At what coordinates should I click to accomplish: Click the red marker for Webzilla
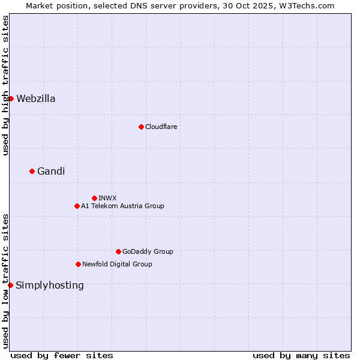tap(11, 98)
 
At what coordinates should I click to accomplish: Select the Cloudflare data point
tap(141, 127)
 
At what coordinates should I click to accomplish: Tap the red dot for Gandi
tap(32, 171)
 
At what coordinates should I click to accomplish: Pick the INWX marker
tap(94, 198)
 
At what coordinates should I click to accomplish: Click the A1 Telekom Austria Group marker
tap(77, 206)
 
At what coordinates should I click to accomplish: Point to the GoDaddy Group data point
tap(118, 251)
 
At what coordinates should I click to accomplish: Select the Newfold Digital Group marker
tap(78, 264)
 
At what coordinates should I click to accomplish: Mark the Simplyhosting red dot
tap(10, 285)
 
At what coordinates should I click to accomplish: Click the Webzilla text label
tap(36, 99)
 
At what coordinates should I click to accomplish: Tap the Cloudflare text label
tap(161, 127)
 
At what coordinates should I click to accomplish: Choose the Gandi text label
tap(51, 172)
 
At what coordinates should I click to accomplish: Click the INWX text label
tap(108, 198)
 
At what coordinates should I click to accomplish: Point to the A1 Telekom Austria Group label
tap(122, 206)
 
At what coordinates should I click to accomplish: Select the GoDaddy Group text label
tap(148, 251)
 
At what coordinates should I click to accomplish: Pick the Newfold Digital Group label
tap(117, 264)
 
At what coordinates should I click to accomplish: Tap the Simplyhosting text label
tap(50, 286)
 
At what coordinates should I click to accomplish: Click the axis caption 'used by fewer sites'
tap(62, 355)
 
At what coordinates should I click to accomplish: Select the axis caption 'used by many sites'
tap(301, 355)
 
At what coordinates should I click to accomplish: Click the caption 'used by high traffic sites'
tap(6, 85)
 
